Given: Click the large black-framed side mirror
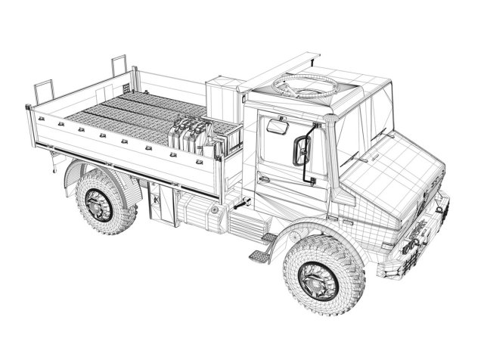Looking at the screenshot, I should pyautogui.click(x=302, y=149).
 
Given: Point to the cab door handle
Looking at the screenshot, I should pyautogui.click(x=263, y=178).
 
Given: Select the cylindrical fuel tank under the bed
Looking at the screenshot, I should pyautogui.click(x=200, y=212).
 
